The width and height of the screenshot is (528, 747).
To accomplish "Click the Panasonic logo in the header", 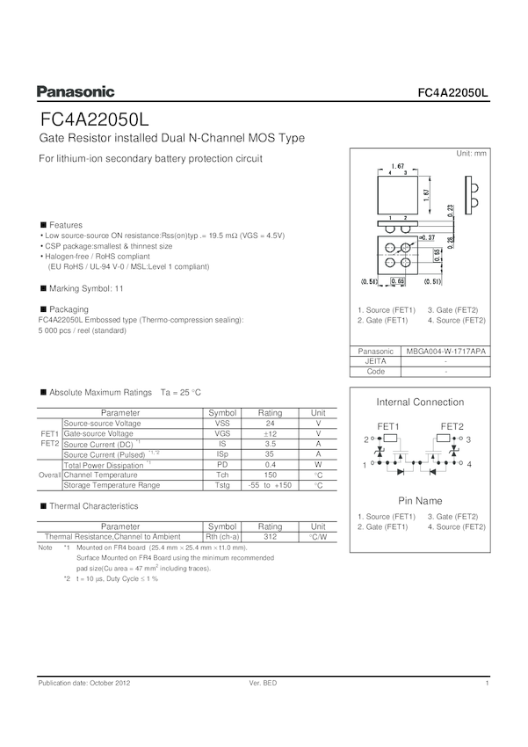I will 76,91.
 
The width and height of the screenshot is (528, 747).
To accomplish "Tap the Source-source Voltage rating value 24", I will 270,424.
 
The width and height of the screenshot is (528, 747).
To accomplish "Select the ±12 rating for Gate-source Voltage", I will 270,434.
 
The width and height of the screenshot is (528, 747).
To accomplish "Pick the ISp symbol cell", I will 222,454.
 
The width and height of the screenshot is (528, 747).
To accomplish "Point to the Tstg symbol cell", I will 222,485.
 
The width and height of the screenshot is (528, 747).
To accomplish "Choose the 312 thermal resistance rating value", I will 270,536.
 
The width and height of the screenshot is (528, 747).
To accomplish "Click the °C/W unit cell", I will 318,536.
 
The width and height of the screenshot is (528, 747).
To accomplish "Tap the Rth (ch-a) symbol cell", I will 222,536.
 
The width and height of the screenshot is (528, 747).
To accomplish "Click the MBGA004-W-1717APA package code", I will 446,351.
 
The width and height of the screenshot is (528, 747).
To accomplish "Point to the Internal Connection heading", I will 420,403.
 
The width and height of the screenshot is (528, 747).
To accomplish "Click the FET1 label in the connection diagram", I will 388,426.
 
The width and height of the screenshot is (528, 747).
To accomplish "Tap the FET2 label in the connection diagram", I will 452,426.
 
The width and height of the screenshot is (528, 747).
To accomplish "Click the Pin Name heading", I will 420,500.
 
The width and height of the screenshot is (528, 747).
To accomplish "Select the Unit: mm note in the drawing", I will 471,154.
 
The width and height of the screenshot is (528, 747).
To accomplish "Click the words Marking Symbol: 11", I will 86,288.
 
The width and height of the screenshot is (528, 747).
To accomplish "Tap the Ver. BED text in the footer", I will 264,684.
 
